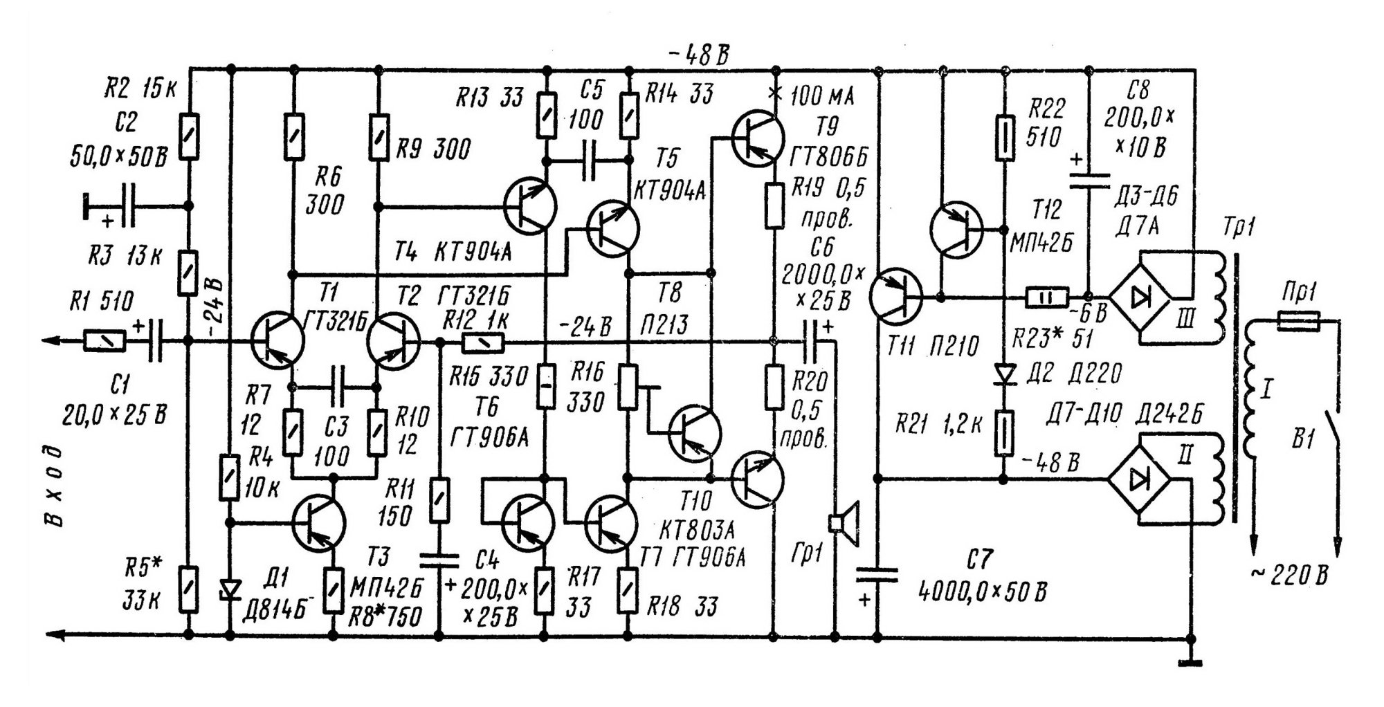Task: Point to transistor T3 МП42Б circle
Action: point(318,523)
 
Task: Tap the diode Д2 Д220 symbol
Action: point(1004,374)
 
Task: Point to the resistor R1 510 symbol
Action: point(104,340)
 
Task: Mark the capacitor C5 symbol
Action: point(589,161)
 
